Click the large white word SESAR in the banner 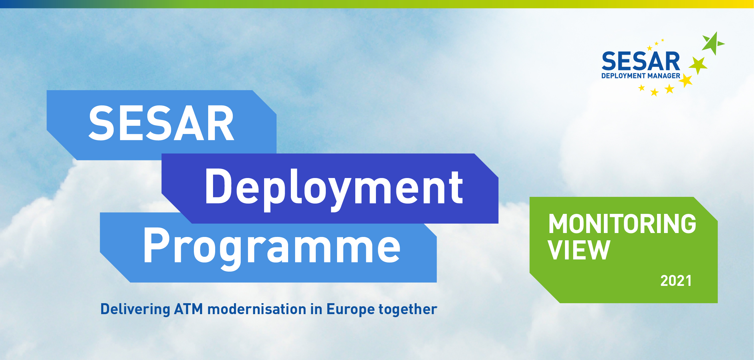[161, 123]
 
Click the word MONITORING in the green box [622, 224]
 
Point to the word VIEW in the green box [579, 250]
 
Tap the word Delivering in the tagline [135, 309]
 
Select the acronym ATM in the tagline [188, 309]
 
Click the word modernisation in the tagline [257, 309]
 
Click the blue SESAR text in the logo [641, 62]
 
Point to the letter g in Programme [231, 252]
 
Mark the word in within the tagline [316, 309]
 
